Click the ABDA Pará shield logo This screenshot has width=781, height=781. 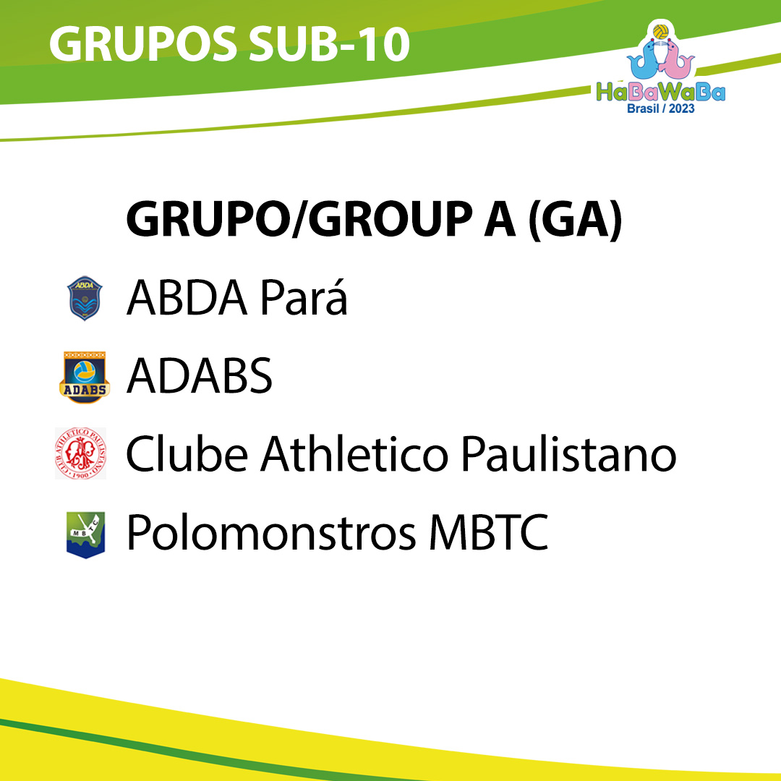(85, 298)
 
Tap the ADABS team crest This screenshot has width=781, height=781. (84, 377)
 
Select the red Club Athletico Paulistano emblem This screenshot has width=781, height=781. (81, 453)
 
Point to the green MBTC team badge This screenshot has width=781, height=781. (85, 535)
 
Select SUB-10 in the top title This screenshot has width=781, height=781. (329, 44)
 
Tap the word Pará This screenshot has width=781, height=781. (303, 297)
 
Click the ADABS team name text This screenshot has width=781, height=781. (200, 375)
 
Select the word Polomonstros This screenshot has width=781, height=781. (271, 532)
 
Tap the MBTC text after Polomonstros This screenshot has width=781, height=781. (489, 532)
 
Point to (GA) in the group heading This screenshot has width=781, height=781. (575, 220)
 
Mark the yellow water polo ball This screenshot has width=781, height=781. (661, 32)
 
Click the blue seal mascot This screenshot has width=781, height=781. (644, 60)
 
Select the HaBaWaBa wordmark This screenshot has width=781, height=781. (661, 92)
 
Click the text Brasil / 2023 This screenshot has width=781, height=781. (660, 108)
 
